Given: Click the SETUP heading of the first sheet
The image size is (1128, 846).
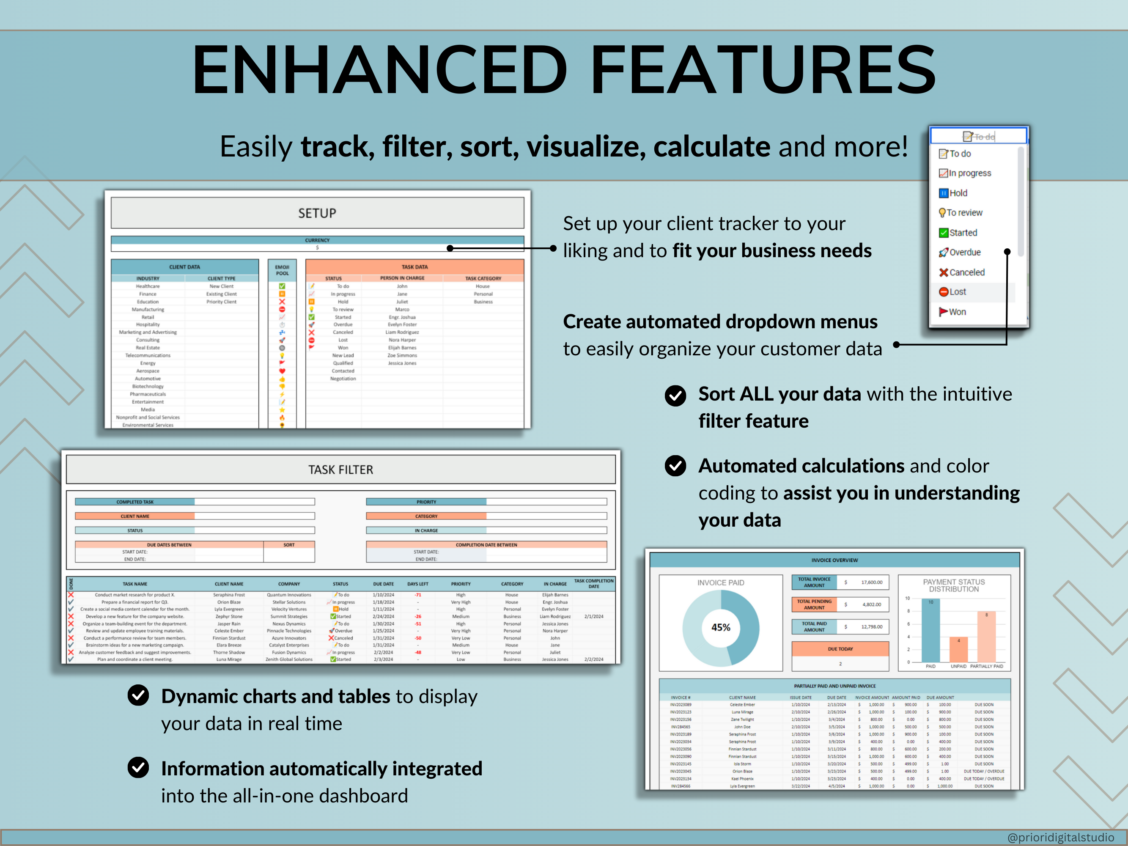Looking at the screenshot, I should point(317,213).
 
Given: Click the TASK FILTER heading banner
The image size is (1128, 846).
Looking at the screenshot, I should point(340,470).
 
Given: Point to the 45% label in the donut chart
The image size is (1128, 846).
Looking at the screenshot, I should point(721,627).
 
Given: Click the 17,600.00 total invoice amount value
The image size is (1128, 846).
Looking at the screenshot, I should point(872,582).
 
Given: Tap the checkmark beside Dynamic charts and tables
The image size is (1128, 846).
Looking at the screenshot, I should point(138,695).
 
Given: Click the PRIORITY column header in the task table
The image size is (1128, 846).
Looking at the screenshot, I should point(461,584).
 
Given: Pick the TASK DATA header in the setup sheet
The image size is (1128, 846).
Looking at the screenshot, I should point(414,267).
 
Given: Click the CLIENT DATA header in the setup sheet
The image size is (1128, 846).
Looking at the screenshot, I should point(184,267).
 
